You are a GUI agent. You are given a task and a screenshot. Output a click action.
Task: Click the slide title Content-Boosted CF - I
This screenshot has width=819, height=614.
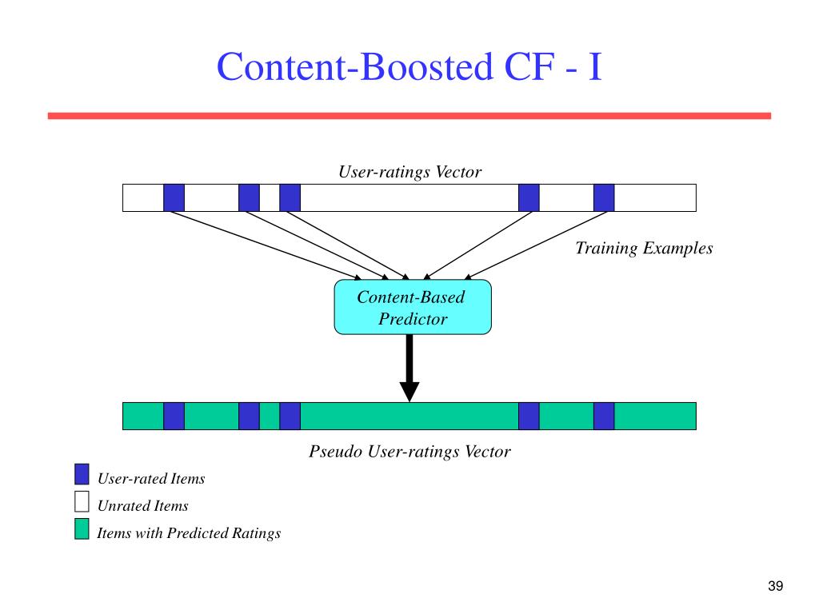point(409,67)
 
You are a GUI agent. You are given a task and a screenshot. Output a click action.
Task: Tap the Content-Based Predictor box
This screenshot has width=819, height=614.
point(413,307)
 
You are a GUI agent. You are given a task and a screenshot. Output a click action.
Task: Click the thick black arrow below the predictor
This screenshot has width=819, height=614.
point(409,368)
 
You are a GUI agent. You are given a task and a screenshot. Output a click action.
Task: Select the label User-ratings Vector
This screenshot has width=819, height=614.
point(410,172)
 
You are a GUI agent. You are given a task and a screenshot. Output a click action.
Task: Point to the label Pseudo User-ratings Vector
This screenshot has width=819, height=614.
point(410,451)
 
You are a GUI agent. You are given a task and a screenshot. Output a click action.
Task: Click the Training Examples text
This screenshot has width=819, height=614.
point(644,248)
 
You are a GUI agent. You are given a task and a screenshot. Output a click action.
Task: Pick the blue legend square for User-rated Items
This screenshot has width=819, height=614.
point(82,474)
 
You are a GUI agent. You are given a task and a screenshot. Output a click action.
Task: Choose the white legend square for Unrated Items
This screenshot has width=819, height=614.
point(82,501)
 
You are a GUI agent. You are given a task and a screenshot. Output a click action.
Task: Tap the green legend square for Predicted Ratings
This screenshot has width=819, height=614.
point(82,528)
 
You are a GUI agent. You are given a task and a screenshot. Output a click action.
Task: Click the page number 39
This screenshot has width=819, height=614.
point(776,586)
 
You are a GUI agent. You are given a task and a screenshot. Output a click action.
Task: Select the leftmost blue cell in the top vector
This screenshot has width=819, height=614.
point(174,198)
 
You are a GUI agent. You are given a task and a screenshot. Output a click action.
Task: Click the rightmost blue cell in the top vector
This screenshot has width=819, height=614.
point(604,198)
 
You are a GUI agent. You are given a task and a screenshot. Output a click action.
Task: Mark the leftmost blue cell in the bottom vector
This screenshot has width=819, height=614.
point(174,416)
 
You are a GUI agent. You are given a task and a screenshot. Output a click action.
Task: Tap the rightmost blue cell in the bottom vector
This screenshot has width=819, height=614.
point(604,416)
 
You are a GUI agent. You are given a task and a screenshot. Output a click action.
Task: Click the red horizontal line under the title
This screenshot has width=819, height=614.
point(409,116)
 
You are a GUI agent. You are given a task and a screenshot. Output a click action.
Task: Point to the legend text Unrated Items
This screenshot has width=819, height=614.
point(142,505)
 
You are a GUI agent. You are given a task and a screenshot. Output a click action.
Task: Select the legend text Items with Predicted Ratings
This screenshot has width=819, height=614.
point(189,532)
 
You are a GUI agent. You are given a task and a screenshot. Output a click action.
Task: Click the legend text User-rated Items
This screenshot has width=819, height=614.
point(151,478)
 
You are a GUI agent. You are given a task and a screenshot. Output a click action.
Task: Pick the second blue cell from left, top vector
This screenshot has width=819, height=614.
point(250,198)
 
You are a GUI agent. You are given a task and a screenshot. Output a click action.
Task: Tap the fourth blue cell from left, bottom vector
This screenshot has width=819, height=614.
point(529,416)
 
